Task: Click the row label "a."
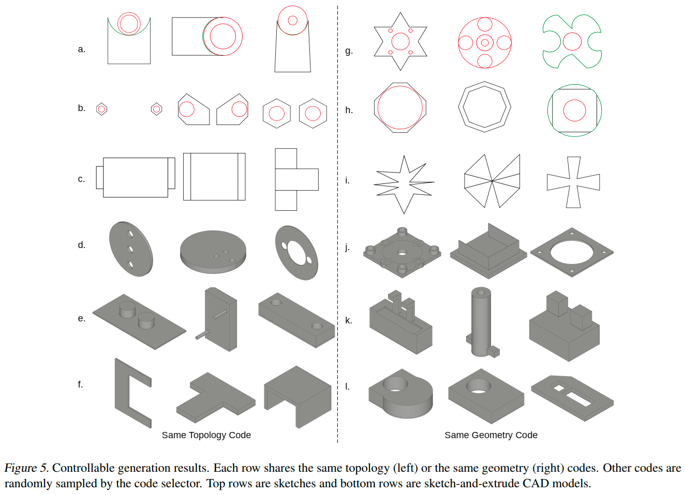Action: pyautogui.click(x=81, y=49)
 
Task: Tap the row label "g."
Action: pyautogui.click(x=349, y=51)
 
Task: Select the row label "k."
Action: pyautogui.click(x=348, y=320)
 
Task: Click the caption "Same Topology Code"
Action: pyautogui.click(x=206, y=435)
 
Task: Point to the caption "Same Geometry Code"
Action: pyautogui.click(x=490, y=435)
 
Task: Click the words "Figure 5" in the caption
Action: pyautogui.click(x=25, y=468)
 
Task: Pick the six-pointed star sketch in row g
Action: pyautogui.click(x=400, y=41)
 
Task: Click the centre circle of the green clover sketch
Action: pyautogui.click(x=572, y=41)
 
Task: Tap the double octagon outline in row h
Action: pyautogui.click(x=484, y=107)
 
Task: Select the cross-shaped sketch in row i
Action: pyautogui.click(x=573, y=182)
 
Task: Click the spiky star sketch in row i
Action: pyautogui.click(x=404, y=183)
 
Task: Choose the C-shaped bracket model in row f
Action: pyautogui.click(x=132, y=393)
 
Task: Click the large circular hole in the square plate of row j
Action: pyautogui.click(x=572, y=252)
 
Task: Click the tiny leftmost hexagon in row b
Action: pyautogui.click(x=102, y=109)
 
